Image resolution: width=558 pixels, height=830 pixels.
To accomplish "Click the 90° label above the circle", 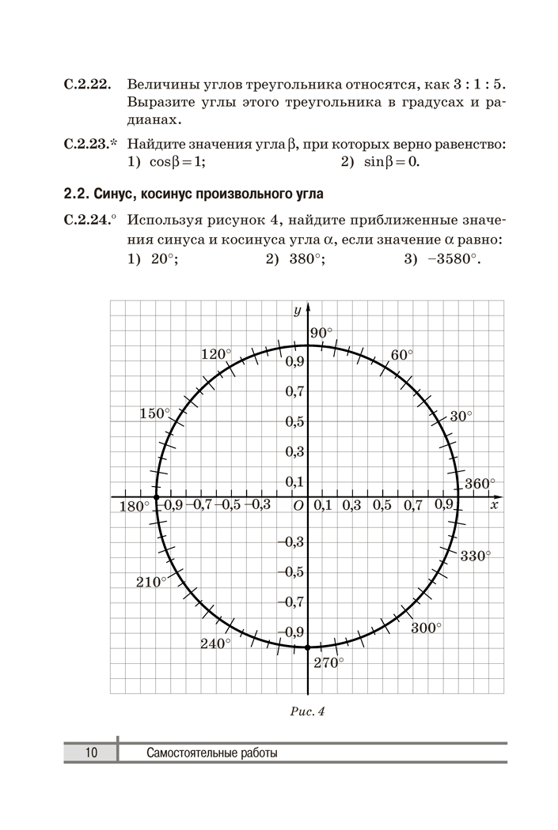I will click(322, 334).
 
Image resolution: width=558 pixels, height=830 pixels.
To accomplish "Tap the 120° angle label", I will click(216, 355).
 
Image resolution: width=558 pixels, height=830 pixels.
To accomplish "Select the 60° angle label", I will click(401, 355).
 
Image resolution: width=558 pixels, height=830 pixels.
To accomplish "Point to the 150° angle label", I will click(155, 413).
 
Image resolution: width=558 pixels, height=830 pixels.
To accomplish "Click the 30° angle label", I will click(461, 417).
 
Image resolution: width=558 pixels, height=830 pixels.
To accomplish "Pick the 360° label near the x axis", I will click(479, 484).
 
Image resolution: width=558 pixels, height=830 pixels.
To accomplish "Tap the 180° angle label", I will click(134, 507).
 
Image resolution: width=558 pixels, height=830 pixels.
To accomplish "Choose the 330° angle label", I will click(476, 556).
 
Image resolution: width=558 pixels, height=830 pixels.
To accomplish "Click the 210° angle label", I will click(151, 582).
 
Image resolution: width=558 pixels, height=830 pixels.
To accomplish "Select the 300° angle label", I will click(426, 628).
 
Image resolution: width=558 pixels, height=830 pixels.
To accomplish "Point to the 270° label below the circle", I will click(328, 662).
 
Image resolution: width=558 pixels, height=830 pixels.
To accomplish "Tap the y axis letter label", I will click(297, 311).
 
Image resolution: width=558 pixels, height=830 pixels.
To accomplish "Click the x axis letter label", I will click(494, 505).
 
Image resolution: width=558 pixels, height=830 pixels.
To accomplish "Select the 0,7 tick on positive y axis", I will click(295, 390).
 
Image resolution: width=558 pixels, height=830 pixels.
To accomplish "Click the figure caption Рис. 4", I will click(308, 711).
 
